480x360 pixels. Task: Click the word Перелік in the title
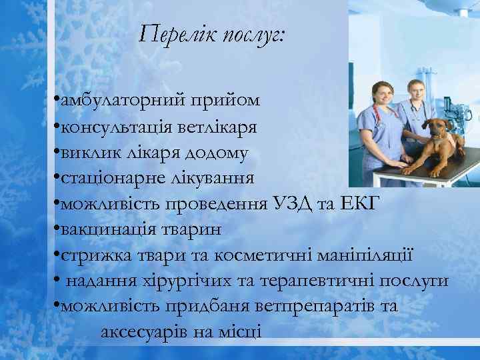(177, 33)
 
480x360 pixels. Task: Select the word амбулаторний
(121, 102)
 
